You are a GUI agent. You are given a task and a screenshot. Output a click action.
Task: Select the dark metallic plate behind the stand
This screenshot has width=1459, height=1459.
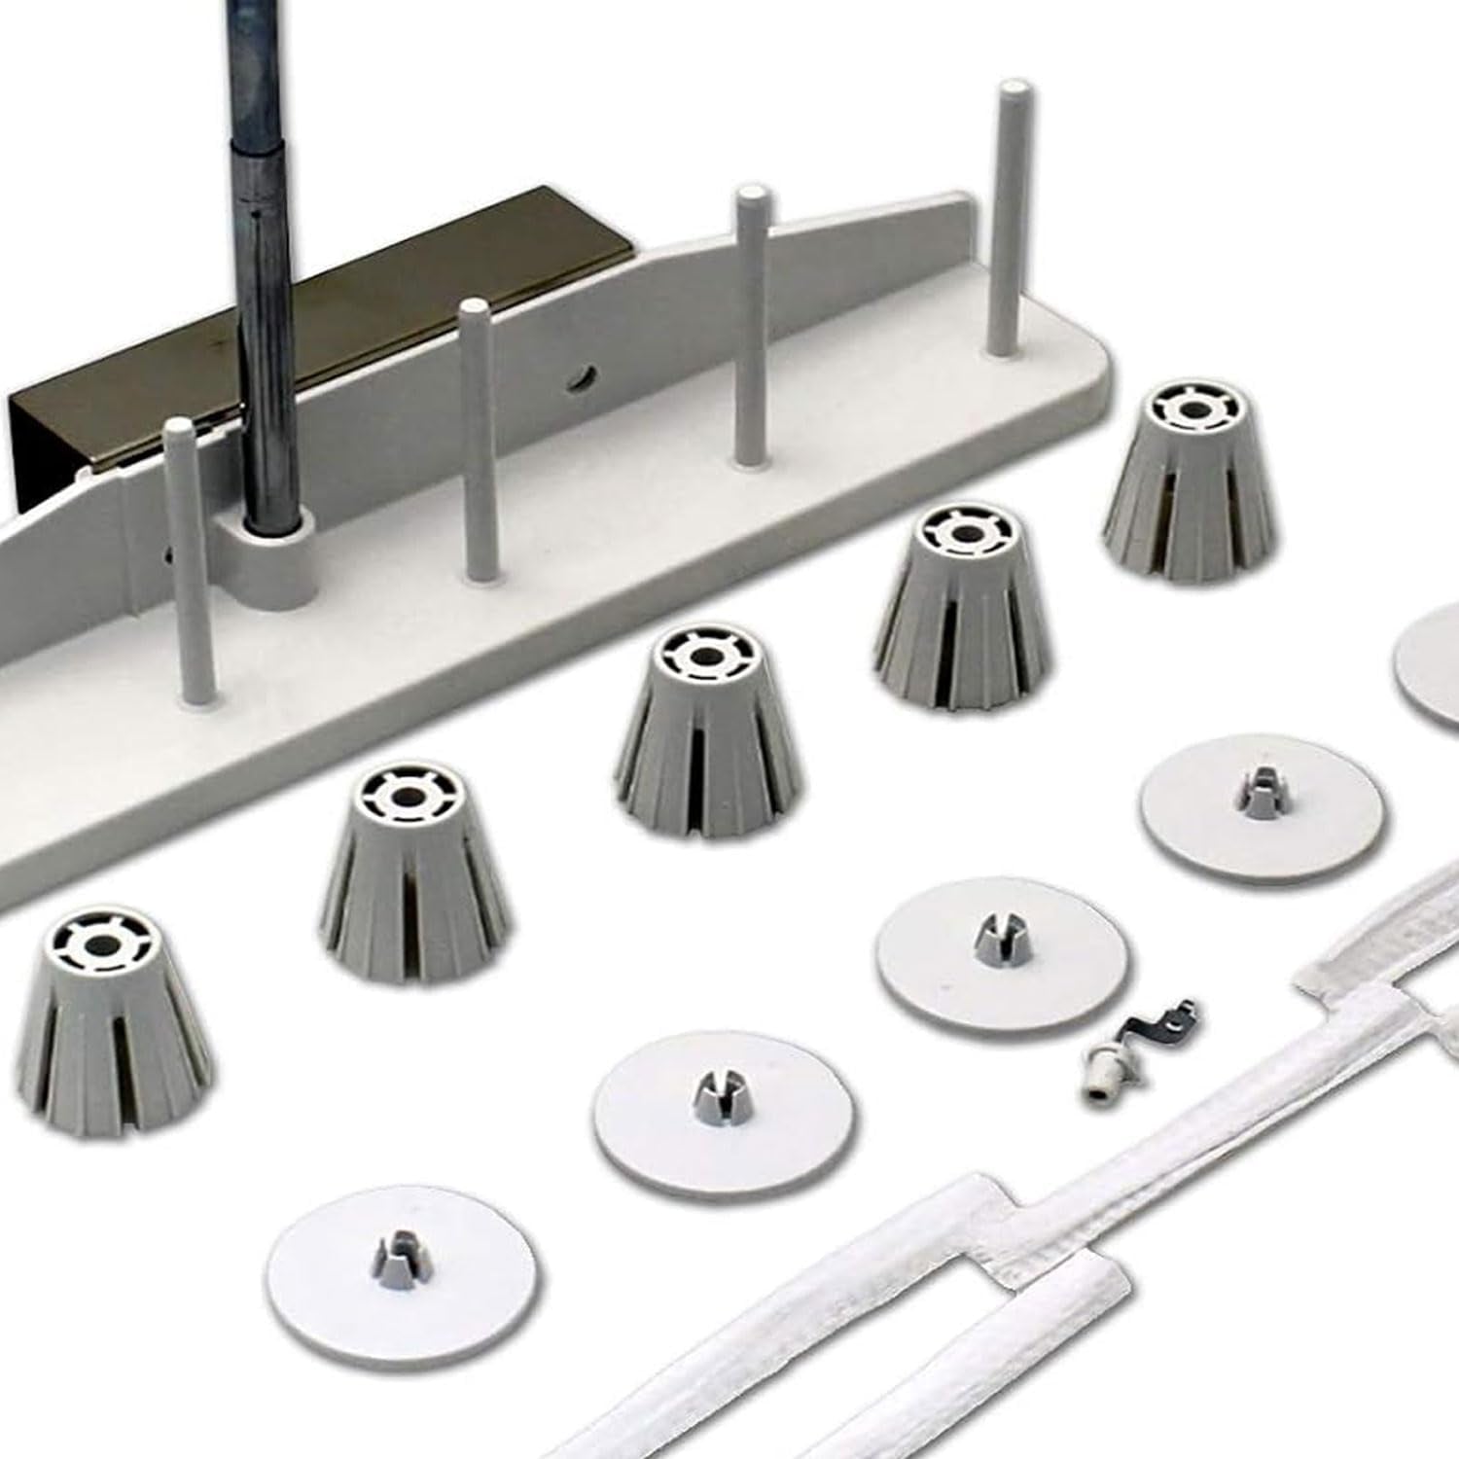tap(146, 389)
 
